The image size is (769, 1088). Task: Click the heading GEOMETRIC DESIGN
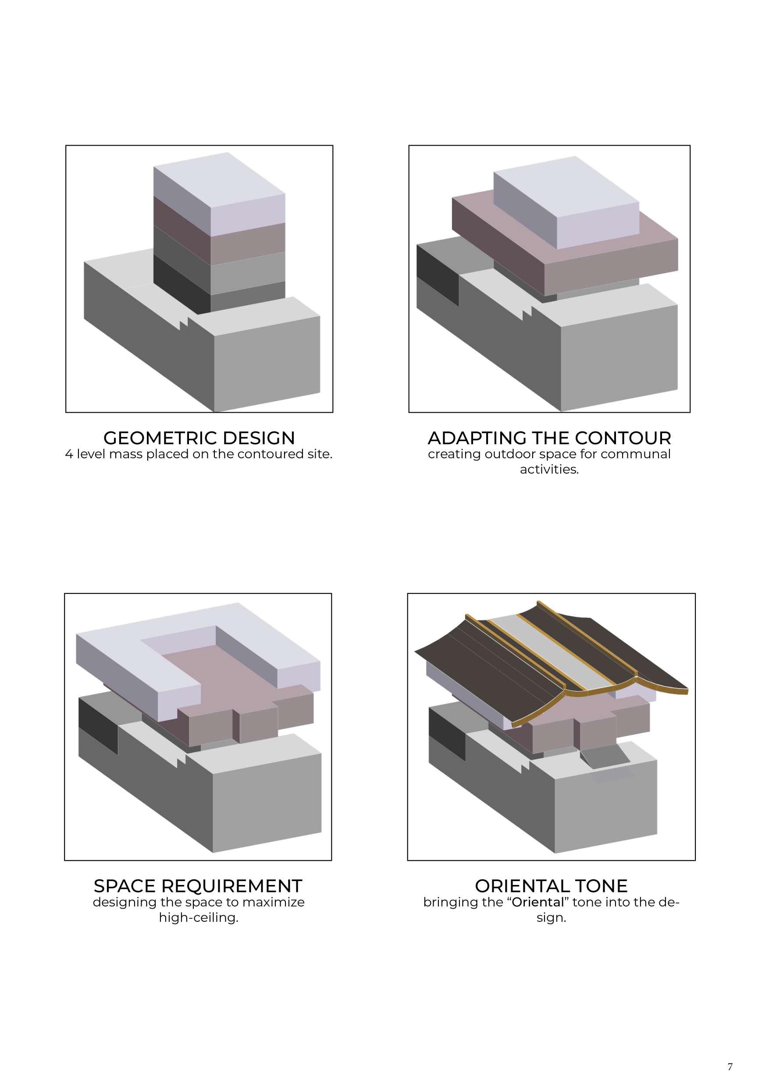point(199,437)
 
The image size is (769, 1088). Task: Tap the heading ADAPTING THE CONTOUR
point(549,437)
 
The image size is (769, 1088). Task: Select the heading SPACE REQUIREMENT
point(198,886)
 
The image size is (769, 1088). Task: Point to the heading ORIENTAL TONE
point(551,886)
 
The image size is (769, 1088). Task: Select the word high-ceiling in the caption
point(198,917)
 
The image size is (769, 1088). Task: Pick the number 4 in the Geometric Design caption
point(69,454)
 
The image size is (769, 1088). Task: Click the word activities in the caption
point(549,470)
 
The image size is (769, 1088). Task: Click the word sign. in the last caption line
point(551,917)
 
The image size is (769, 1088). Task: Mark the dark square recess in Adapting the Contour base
point(437,275)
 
